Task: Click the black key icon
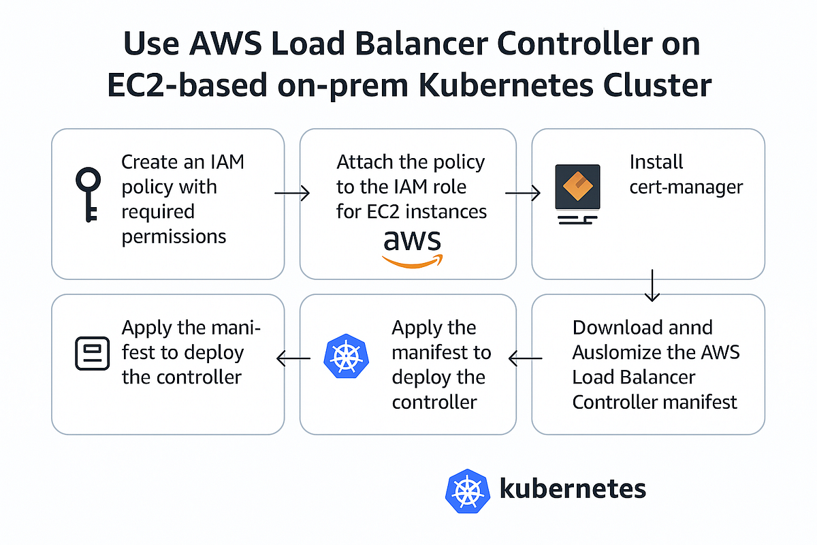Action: (x=87, y=194)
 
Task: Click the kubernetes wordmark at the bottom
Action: (x=573, y=488)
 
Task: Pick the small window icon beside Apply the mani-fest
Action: (x=91, y=353)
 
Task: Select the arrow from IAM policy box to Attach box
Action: (x=291, y=194)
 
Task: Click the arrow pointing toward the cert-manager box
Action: (x=523, y=194)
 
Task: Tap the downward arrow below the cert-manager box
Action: (x=652, y=285)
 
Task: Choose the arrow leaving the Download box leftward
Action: (x=526, y=358)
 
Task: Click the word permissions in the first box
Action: (x=174, y=236)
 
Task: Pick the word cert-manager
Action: (x=686, y=187)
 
